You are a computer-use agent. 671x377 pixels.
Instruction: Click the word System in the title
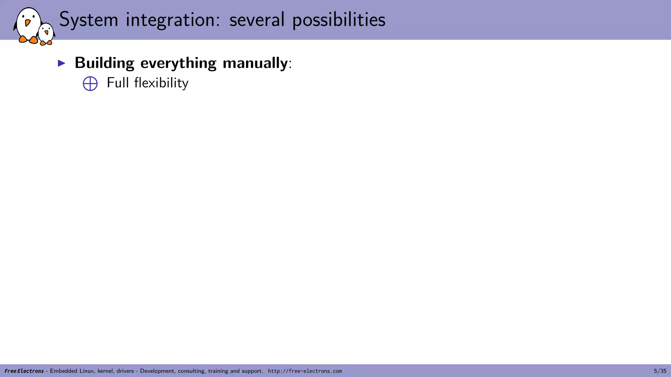pos(88,20)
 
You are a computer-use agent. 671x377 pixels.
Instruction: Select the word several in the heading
pos(257,20)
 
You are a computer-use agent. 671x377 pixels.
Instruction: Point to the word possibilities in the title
pos(339,20)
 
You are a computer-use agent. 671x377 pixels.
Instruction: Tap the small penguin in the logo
pos(46,34)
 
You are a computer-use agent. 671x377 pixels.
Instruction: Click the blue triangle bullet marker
pos(62,63)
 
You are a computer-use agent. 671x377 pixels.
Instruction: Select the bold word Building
pos(105,63)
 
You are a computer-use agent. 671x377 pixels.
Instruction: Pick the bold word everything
pos(178,63)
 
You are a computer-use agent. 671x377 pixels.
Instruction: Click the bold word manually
pos(255,63)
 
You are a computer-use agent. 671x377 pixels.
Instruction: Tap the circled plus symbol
pos(90,84)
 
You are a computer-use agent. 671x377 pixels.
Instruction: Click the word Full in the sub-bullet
pos(118,83)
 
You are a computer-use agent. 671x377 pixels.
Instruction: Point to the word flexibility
pos(161,83)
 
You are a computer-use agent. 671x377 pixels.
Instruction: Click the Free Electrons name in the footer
pos(24,371)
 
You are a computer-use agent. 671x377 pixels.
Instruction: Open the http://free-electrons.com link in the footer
pos(305,371)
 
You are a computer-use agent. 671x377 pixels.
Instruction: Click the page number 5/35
pos(660,371)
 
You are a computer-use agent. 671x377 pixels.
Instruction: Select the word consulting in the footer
pos(191,371)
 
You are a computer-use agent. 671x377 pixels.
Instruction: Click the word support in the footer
pos(252,371)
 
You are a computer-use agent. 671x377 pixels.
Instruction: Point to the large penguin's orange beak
pos(28,23)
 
